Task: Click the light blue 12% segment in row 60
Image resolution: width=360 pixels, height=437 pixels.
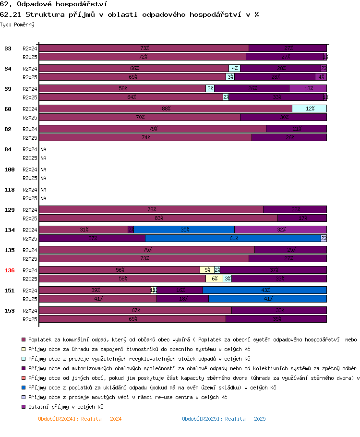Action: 309,109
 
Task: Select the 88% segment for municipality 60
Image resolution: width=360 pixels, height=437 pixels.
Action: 166,109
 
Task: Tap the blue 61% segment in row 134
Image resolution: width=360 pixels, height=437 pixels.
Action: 233,238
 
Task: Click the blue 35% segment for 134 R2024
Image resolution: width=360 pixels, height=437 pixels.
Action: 184,230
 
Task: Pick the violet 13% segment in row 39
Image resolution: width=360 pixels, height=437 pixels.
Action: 308,88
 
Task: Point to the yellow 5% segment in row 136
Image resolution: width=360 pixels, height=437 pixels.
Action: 207,270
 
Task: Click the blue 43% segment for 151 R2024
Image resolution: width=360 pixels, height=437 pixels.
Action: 264,290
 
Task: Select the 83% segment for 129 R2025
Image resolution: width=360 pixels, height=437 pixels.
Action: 158,218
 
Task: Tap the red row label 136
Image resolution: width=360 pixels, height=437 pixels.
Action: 10,270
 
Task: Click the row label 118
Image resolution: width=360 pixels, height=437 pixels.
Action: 10,190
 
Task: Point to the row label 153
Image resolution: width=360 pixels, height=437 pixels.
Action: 10,311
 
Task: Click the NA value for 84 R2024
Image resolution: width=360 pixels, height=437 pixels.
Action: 43,149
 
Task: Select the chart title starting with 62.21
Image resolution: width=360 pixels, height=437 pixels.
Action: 130,14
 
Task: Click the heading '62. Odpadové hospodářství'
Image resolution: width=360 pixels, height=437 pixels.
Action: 53,4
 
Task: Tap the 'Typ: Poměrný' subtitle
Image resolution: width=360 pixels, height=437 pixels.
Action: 17,24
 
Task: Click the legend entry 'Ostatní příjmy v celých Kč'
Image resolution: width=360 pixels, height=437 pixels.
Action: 65,407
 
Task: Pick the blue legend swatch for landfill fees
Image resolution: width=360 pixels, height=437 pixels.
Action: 24,388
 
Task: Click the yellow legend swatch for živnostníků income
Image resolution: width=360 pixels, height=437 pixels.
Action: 24,349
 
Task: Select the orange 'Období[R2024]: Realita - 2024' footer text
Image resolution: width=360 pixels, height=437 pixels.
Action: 80,419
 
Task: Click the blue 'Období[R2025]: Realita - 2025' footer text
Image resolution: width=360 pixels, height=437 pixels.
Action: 224,419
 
